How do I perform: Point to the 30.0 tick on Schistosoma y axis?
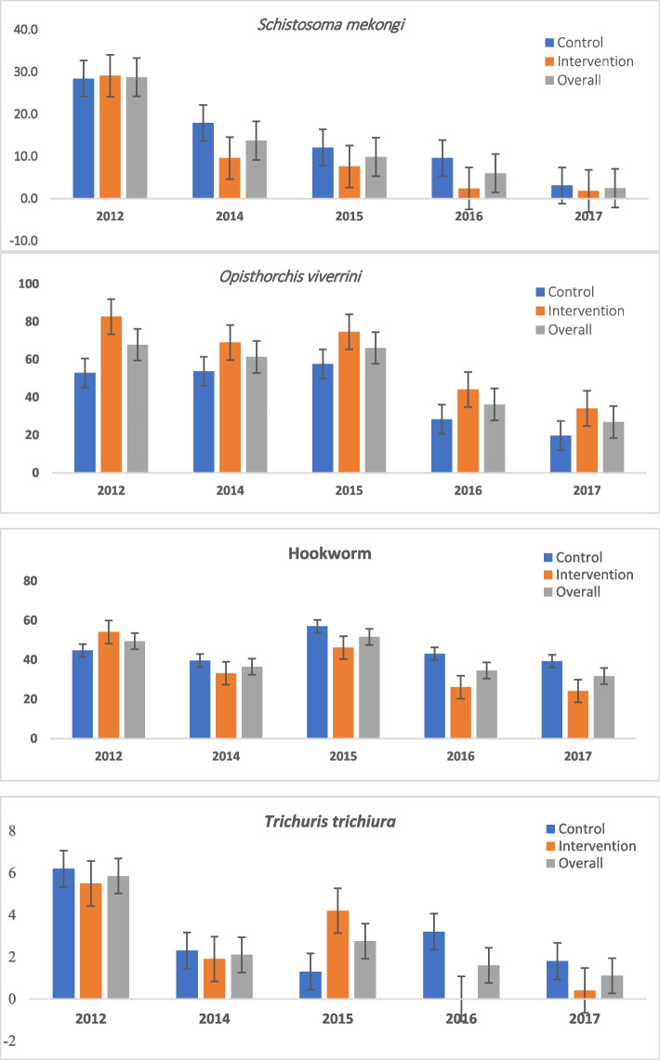[x=22, y=72]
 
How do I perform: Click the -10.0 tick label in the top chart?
[x=22, y=240]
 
